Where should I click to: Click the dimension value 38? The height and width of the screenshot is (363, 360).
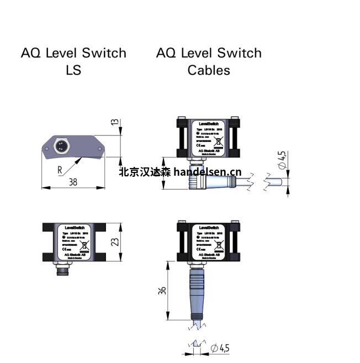pyautogui.click(x=73, y=182)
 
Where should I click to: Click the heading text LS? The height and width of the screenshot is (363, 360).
pyautogui.click(x=73, y=70)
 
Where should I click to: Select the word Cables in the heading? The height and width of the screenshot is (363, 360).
pyautogui.click(x=208, y=70)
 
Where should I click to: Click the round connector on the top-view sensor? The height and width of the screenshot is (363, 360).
pyautogui.click(x=61, y=146)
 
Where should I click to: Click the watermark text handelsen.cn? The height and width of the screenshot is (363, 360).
pyautogui.click(x=207, y=172)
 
